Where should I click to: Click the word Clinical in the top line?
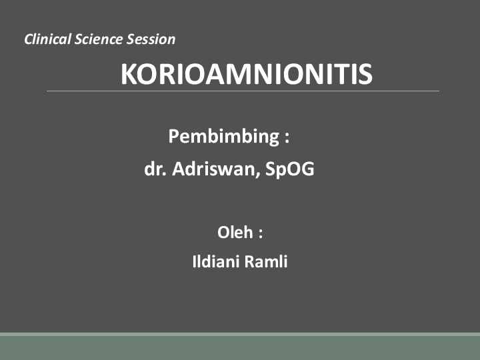pos(46,39)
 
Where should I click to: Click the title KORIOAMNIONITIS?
pos(246,75)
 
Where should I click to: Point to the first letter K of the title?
pos(129,75)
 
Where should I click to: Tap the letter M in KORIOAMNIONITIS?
pos(229,75)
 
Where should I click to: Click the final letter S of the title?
pos(364,75)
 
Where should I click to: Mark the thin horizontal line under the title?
pos(243,91)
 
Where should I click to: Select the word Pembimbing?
pos(223,137)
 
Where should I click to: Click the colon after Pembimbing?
pos(287,138)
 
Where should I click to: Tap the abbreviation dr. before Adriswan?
pos(155,169)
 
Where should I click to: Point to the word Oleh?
pos(235,233)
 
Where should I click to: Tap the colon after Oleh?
pos(261,234)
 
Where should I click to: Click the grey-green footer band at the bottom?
pos(240,347)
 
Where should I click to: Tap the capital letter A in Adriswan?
pos(179,169)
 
